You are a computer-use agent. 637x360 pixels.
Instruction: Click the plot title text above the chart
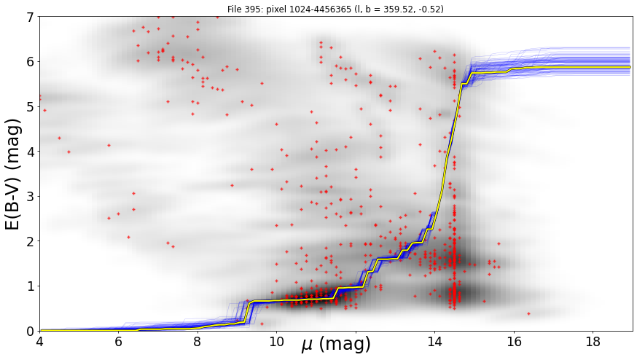(x=335, y=9)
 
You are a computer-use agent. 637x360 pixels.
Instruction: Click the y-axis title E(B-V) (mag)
(x=13, y=175)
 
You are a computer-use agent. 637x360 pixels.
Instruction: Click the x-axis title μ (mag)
(x=336, y=344)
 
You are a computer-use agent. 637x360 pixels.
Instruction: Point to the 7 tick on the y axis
(x=30, y=17)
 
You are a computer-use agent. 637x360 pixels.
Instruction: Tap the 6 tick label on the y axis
(x=30, y=62)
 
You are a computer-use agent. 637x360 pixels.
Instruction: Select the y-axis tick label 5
(x=30, y=107)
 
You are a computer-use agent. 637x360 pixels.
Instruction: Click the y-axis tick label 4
(x=30, y=152)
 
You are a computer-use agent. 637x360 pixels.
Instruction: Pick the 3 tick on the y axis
(x=30, y=197)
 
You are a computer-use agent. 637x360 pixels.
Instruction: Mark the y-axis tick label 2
(x=30, y=241)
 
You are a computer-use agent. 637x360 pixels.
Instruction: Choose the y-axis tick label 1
(x=30, y=286)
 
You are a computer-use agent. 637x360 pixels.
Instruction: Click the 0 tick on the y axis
(x=30, y=331)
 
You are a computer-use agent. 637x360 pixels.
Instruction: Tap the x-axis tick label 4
(x=40, y=341)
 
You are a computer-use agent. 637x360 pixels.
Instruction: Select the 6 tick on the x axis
(x=119, y=341)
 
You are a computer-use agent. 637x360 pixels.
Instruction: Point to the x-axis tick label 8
(x=198, y=341)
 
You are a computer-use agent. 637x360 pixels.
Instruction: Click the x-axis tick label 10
(x=277, y=341)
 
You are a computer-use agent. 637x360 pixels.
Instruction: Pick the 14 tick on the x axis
(x=434, y=341)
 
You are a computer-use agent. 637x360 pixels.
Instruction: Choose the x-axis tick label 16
(x=514, y=341)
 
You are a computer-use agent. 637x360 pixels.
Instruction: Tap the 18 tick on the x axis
(x=593, y=341)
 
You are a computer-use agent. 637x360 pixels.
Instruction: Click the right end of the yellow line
(x=630, y=67)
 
